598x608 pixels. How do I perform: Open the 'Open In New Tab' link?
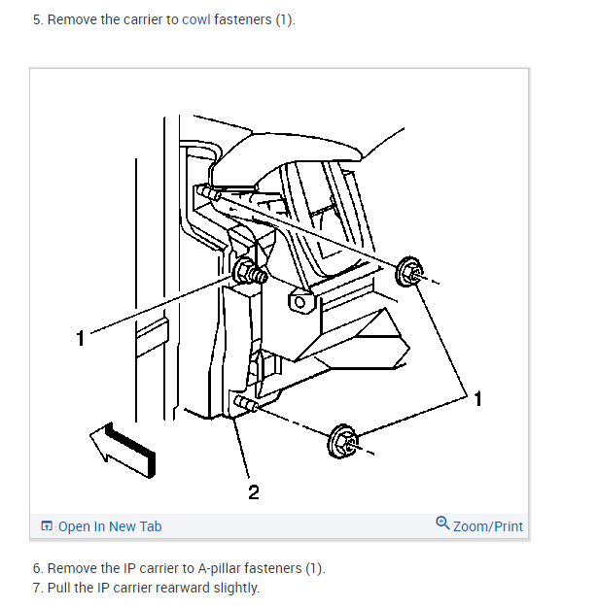[110, 526]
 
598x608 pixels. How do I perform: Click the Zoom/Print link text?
[488, 526]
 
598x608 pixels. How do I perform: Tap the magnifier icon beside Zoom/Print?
[443, 524]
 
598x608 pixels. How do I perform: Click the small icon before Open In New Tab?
[47, 526]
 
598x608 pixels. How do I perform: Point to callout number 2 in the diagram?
[253, 492]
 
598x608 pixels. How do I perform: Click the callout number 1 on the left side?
[82, 338]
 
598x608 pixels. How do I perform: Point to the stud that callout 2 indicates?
[244, 403]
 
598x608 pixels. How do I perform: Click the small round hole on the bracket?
[299, 303]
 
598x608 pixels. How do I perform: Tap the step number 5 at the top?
[36, 19]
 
